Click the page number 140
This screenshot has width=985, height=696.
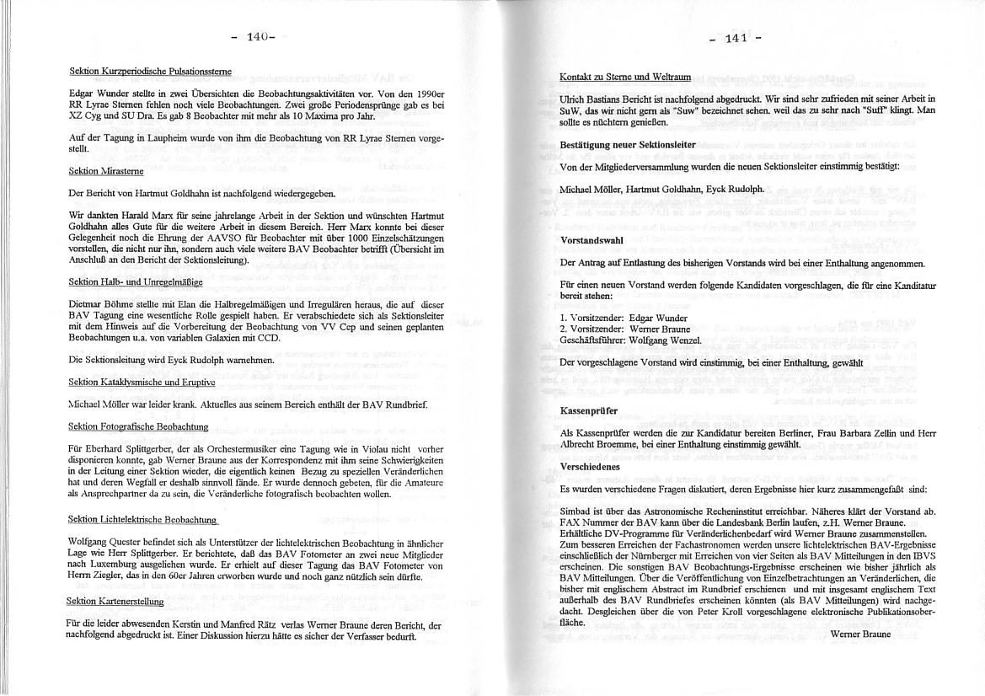(257, 36)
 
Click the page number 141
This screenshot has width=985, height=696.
(736, 38)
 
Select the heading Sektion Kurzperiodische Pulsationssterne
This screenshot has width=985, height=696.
(151, 71)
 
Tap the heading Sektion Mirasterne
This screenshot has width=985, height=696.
(106, 171)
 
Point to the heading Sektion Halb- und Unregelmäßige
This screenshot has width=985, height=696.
(136, 281)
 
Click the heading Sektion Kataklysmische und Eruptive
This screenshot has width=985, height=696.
(142, 382)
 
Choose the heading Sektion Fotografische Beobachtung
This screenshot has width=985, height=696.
(138, 427)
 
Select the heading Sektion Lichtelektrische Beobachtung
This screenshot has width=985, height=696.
(142, 519)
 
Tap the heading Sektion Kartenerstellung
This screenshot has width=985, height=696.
(116, 601)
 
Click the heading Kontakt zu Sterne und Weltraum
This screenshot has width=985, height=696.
(625, 77)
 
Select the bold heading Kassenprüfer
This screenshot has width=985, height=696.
(589, 410)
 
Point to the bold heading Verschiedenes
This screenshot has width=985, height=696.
(590, 466)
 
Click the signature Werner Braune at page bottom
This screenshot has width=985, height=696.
(859, 634)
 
